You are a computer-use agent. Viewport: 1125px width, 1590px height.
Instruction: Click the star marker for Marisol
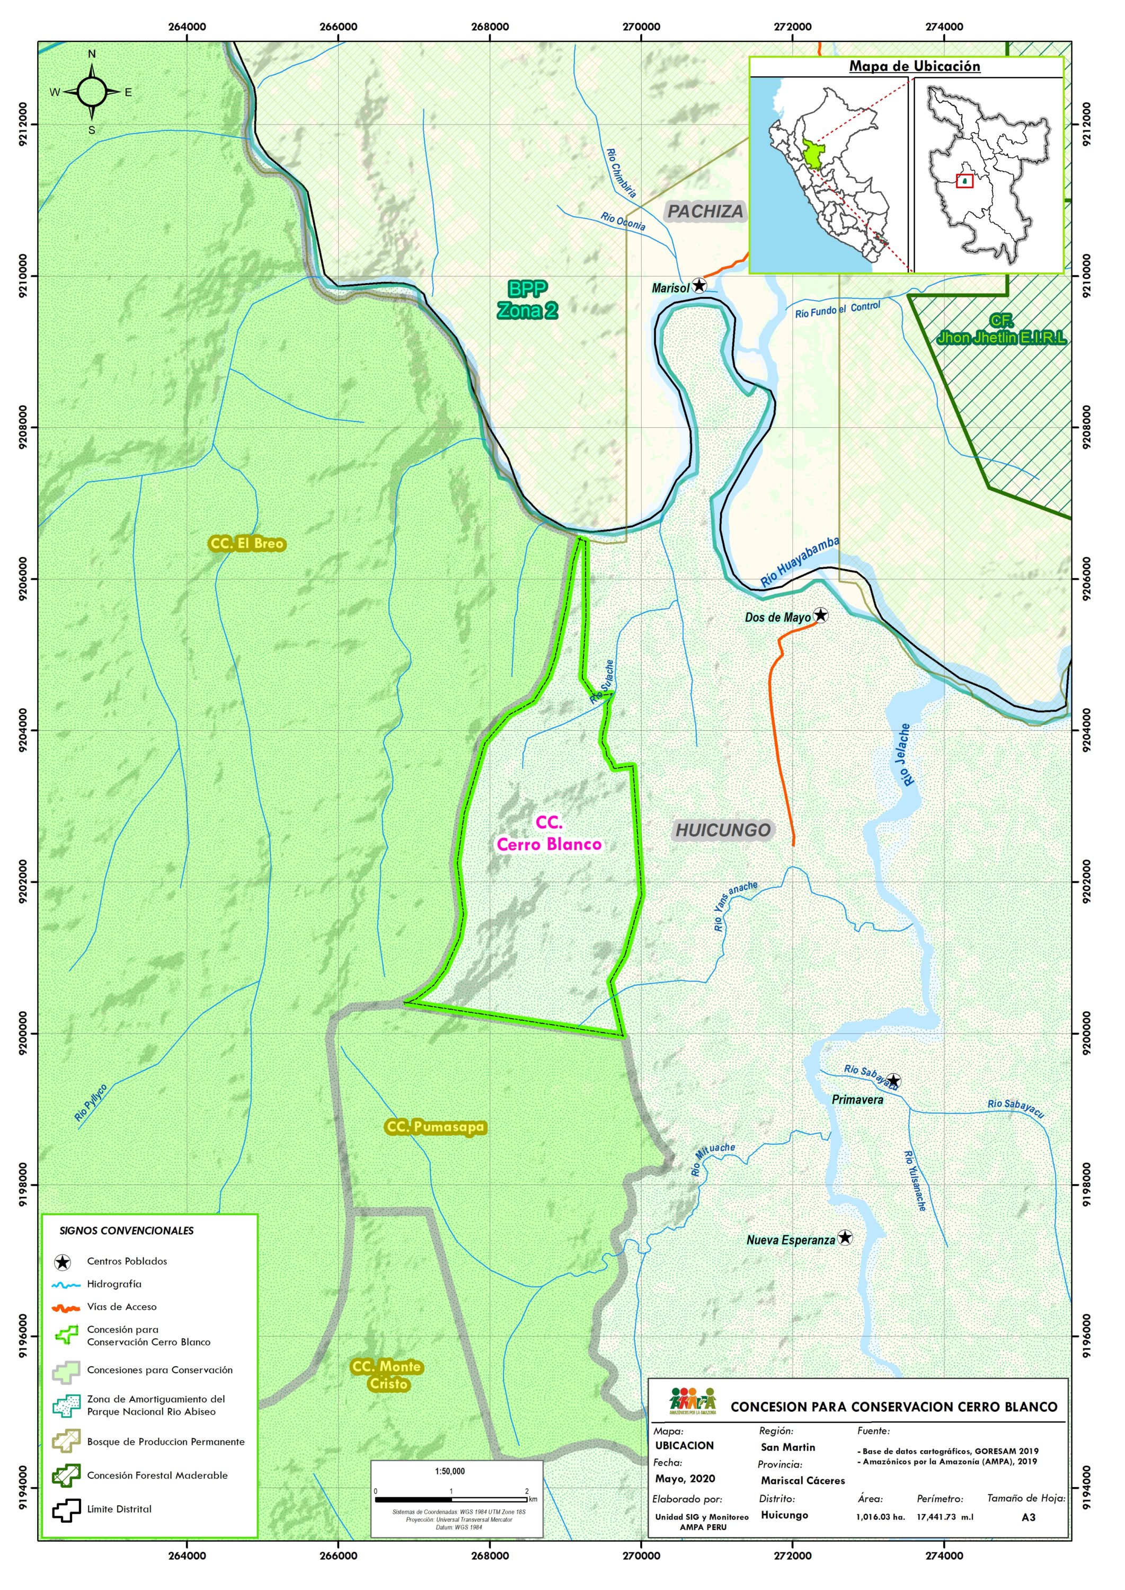[x=699, y=286]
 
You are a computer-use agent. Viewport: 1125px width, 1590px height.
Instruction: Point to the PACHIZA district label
[x=705, y=212]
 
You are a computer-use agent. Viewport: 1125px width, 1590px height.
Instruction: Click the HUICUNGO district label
[x=722, y=830]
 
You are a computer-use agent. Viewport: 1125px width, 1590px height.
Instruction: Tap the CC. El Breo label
[x=246, y=544]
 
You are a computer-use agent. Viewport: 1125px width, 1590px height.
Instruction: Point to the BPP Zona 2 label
[x=527, y=299]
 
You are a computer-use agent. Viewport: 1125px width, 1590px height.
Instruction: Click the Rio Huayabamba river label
[x=800, y=562]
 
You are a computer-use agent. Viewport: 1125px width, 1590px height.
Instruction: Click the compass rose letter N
[x=92, y=54]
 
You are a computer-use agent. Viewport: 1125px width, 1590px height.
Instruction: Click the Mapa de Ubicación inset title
[x=915, y=66]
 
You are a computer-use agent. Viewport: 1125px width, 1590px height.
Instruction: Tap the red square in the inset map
[x=964, y=181]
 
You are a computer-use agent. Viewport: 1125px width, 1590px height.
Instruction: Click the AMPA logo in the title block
[x=692, y=1401]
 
